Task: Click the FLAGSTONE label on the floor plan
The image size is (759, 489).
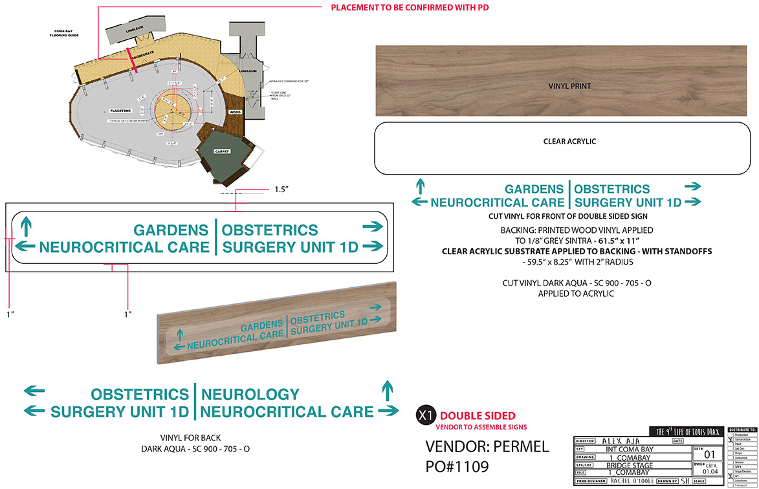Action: click(x=121, y=111)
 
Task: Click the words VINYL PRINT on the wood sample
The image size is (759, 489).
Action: click(x=569, y=85)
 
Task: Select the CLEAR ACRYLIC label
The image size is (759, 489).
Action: click(x=569, y=141)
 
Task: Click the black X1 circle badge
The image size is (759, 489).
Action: click(x=425, y=416)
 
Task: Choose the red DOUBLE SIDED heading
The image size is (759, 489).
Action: click(x=478, y=416)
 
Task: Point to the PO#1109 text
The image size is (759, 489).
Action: click(x=457, y=467)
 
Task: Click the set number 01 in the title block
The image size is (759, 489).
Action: click(x=698, y=455)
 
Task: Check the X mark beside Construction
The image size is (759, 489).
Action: click(x=731, y=440)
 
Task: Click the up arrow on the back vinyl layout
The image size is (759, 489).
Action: click(x=388, y=389)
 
